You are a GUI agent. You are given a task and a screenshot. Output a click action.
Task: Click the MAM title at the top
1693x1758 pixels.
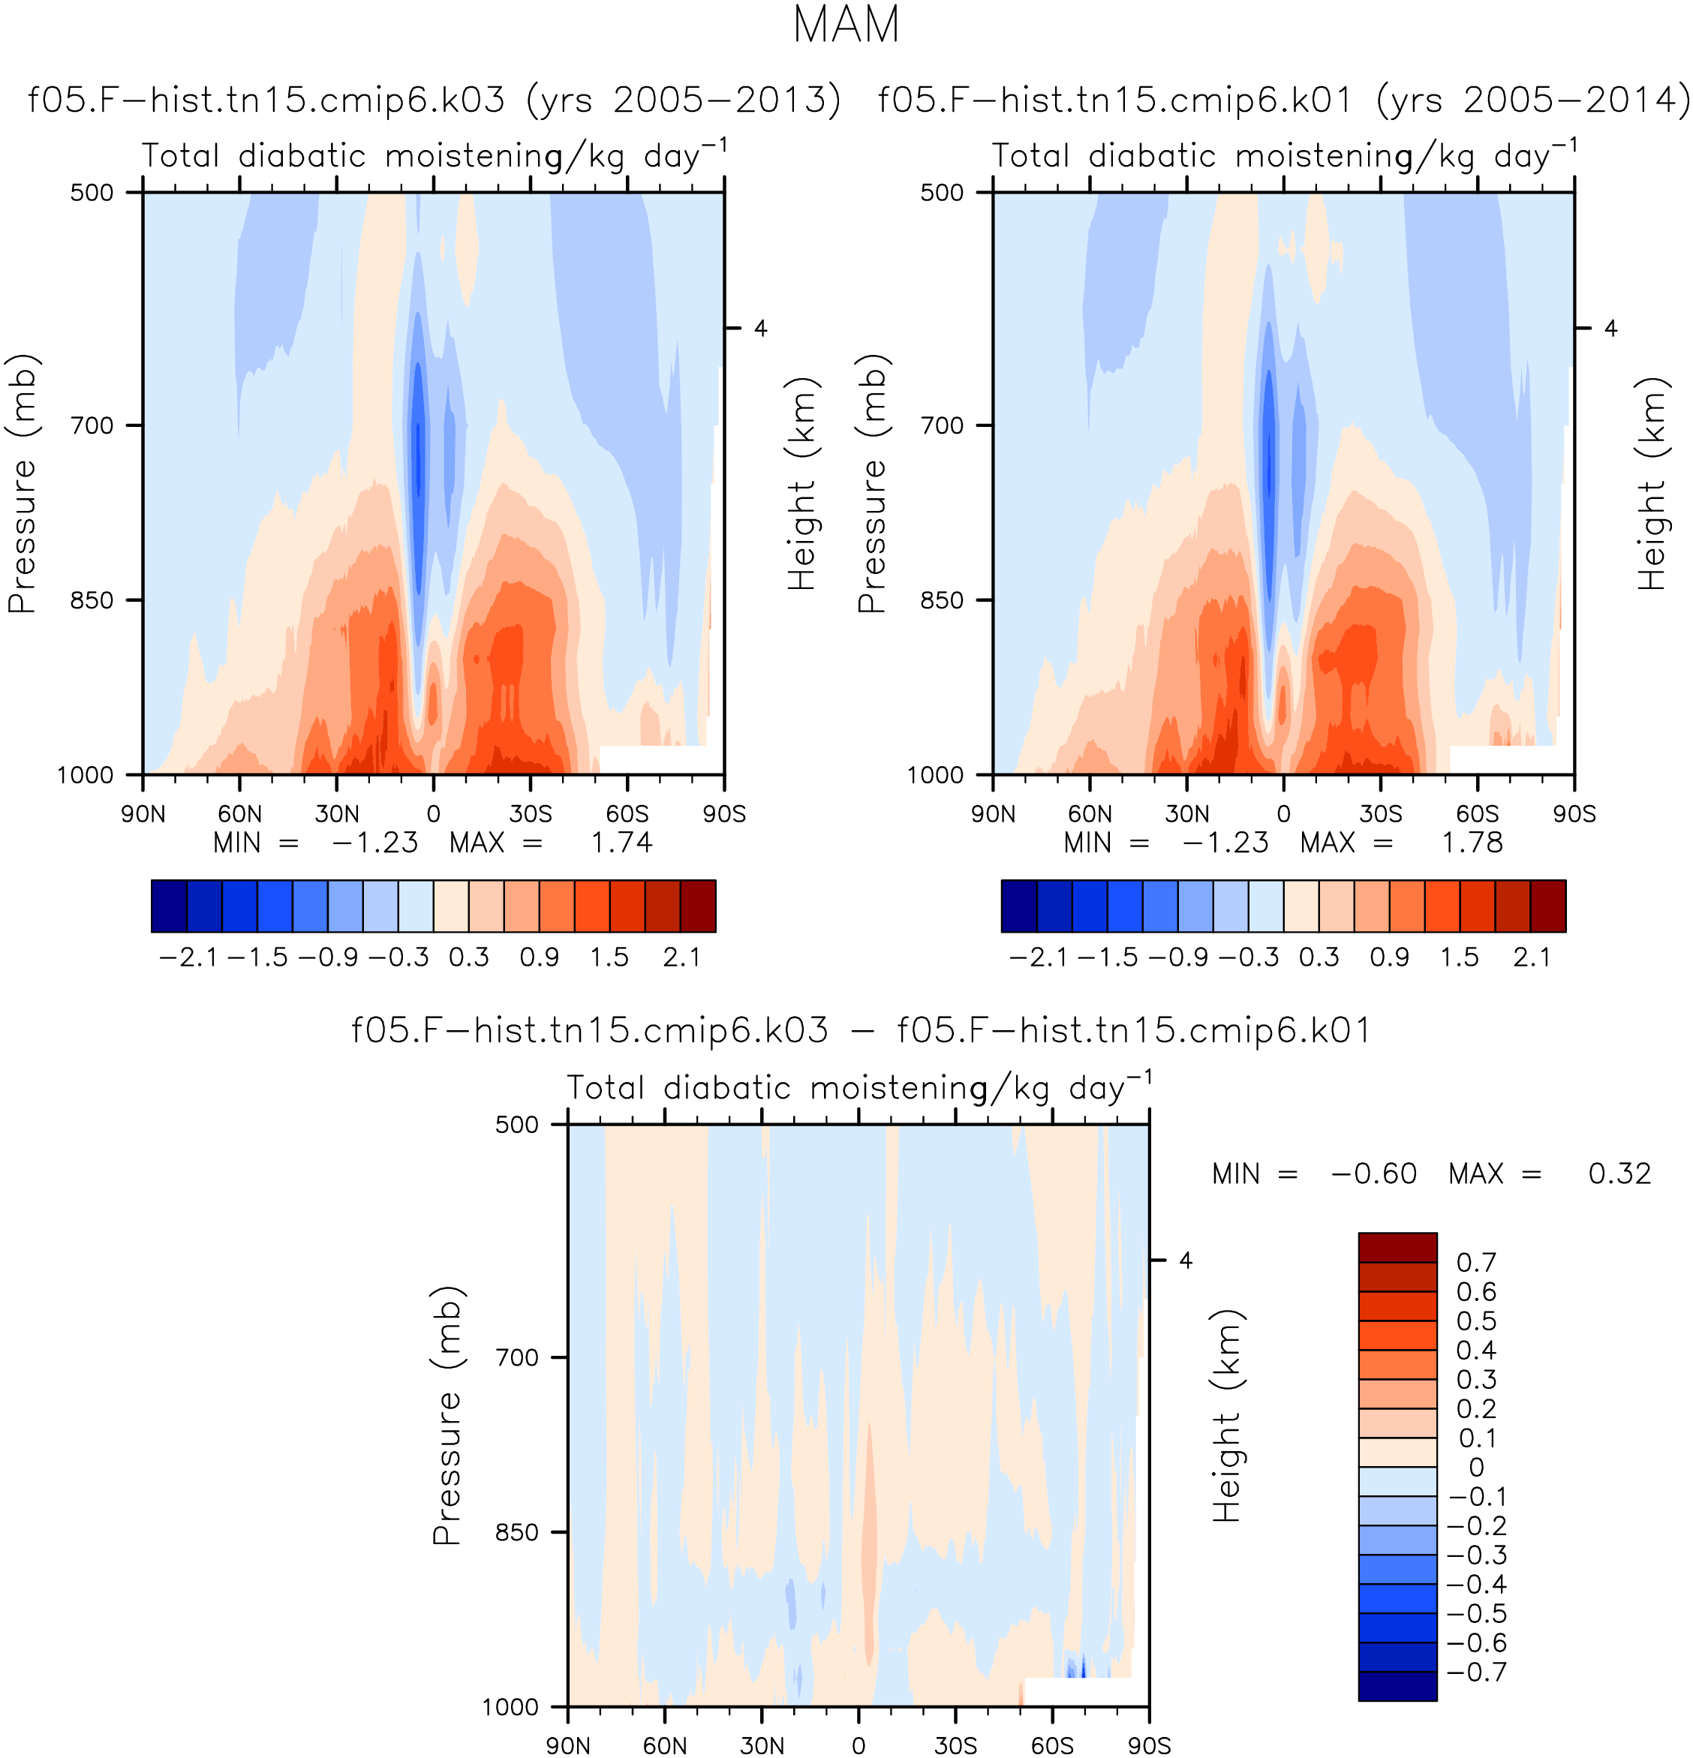pyautogui.click(x=846, y=25)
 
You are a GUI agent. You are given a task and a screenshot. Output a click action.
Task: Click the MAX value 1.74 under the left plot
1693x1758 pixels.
pyautogui.click(x=621, y=843)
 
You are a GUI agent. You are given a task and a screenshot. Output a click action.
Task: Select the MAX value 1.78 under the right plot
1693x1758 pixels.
pyautogui.click(x=1472, y=843)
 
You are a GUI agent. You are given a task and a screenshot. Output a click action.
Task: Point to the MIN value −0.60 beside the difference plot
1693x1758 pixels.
pyautogui.click(x=1373, y=1174)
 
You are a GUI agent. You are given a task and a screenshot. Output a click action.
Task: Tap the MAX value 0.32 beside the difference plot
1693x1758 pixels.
pyautogui.click(x=1619, y=1174)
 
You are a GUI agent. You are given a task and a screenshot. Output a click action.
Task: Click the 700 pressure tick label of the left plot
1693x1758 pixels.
pyautogui.click(x=92, y=425)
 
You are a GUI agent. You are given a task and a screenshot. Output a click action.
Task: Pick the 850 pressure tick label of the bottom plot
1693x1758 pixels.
pyautogui.click(x=517, y=1532)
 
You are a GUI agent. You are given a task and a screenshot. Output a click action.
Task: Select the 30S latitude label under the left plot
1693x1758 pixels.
pyautogui.click(x=531, y=814)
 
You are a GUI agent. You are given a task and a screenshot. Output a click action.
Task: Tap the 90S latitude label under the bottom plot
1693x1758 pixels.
pyautogui.click(x=1149, y=1745)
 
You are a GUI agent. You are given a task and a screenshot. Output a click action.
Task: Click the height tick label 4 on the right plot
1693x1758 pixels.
pyautogui.click(x=1610, y=329)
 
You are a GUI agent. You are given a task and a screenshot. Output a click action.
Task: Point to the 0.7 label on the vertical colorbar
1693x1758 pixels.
pyautogui.click(x=1476, y=1263)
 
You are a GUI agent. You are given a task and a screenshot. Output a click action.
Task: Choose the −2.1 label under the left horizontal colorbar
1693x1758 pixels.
pyautogui.click(x=188, y=958)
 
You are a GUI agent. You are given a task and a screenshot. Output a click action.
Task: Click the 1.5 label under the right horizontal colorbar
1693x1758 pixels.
pyautogui.click(x=1460, y=958)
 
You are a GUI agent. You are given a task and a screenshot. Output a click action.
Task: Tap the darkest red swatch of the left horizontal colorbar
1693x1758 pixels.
pyautogui.click(x=698, y=906)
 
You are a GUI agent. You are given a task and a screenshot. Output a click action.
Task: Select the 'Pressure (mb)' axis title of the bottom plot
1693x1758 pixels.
pyautogui.click(x=447, y=1415)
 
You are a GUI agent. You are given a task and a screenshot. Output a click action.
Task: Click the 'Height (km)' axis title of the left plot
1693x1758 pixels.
pyautogui.click(x=801, y=482)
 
